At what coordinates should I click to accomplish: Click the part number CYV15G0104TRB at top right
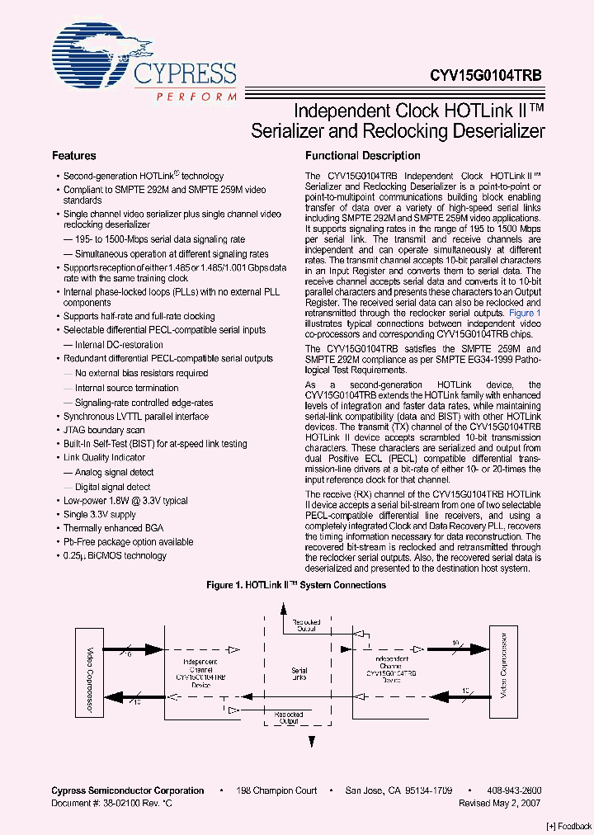485,73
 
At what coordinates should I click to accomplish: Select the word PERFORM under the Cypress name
196,96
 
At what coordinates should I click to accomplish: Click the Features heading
74,156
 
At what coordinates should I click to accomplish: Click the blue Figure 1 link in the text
525,314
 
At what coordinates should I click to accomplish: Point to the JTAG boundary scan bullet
104,430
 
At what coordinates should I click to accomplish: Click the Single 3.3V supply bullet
100,514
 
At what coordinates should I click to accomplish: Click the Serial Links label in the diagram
299,675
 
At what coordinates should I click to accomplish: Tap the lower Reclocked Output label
288,718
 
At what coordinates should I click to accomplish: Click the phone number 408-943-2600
512,790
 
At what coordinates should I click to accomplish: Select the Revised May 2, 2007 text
500,802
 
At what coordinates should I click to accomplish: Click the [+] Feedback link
569,825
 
